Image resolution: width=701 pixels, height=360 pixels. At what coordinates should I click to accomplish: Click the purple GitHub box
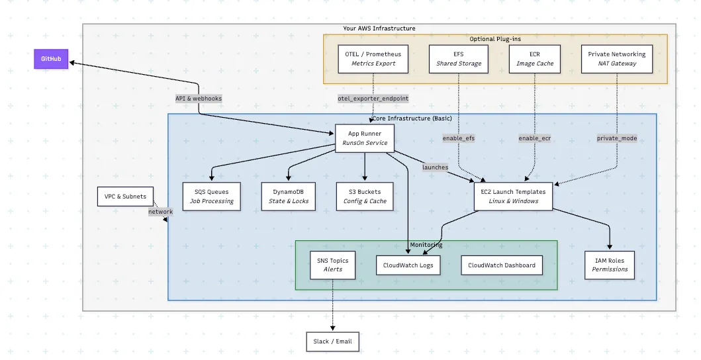coord(52,59)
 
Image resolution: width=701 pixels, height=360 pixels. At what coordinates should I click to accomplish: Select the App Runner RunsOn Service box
coord(364,138)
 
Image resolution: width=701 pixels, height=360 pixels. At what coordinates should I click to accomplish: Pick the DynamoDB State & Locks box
coord(288,197)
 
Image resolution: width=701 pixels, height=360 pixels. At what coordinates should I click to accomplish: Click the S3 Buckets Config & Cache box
coord(365,197)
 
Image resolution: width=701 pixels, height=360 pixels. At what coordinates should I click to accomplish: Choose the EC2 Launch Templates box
coord(514,197)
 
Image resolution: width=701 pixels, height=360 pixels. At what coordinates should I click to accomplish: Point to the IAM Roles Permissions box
coord(609,265)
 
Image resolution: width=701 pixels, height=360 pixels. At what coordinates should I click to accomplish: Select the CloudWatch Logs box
coord(408,265)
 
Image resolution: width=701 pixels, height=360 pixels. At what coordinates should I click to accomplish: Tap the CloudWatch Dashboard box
coord(501,265)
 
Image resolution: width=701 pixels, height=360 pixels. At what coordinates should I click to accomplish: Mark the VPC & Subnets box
coord(126,197)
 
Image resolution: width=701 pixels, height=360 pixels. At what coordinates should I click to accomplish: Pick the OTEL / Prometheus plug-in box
coord(373,58)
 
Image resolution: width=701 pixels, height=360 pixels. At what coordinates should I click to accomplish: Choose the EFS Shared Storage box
coord(459,58)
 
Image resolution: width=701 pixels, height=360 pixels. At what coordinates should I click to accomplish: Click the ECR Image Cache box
coord(535,58)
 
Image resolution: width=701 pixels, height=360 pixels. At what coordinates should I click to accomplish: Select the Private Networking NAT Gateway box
coord(616,58)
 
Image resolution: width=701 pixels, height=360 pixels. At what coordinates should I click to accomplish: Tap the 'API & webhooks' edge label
coord(199,98)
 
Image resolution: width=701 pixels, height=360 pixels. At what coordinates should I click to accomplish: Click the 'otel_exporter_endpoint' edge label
coord(373,98)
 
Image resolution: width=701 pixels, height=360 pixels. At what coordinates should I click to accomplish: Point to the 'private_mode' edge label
coord(616,138)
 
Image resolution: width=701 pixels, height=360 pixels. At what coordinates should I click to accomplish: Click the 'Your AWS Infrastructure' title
coord(379,28)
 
